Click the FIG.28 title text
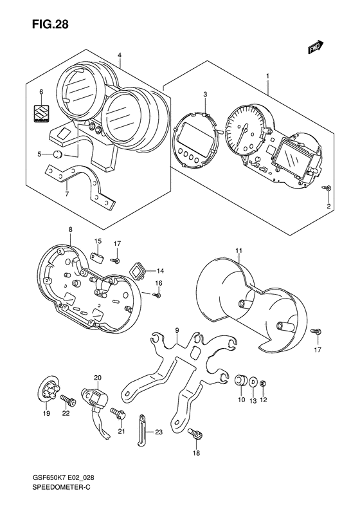click(50, 24)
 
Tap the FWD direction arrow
click(316, 46)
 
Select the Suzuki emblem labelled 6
click(41, 114)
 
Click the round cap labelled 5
click(58, 154)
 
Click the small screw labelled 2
click(327, 187)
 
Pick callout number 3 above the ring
click(205, 95)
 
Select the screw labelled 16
click(157, 295)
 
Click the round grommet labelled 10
click(241, 380)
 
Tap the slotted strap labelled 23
click(141, 430)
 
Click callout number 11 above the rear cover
click(239, 250)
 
